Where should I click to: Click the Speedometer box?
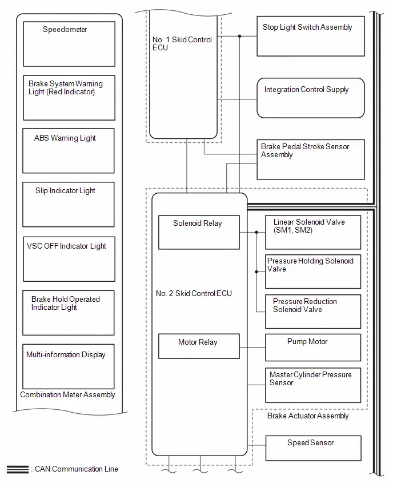point(69,44)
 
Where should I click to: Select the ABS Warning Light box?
point(69,151)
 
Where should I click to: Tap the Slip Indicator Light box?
point(69,205)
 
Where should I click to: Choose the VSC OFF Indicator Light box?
point(69,259)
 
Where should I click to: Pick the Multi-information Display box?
point(69,366)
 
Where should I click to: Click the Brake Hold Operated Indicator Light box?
point(69,313)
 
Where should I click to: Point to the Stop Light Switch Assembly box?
point(311,37)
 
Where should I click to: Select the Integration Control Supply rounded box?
point(311,98)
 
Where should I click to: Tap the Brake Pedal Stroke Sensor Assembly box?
point(311,159)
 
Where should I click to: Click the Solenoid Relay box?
point(199,232)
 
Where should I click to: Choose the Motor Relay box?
point(199,346)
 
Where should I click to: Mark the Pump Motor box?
point(313,348)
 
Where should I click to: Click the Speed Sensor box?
point(314,448)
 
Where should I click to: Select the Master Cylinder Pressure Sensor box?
point(313,385)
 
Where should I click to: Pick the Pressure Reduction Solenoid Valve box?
point(313,312)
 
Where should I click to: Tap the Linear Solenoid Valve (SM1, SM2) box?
point(313,232)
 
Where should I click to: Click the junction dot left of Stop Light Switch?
point(240,37)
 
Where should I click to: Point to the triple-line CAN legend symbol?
point(18,469)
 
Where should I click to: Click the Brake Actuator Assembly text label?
point(308,416)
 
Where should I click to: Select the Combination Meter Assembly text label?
point(67,395)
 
